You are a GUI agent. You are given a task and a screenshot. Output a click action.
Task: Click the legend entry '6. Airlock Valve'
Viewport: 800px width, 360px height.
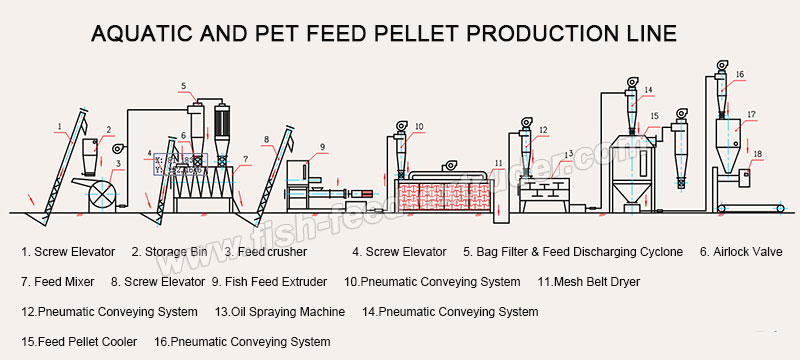pyautogui.click(x=741, y=252)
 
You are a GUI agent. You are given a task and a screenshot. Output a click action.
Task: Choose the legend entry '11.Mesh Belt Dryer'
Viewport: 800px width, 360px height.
pyautogui.click(x=589, y=282)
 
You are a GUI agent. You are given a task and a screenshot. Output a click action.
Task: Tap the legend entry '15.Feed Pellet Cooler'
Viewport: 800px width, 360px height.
pyautogui.click(x=77, y=342)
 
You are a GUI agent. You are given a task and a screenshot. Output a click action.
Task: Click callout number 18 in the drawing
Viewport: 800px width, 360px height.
pyautogui.click(x=758, y=154)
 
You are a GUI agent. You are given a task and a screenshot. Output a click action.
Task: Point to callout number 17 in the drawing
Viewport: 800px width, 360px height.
pyautogui.click(x=751, y=115)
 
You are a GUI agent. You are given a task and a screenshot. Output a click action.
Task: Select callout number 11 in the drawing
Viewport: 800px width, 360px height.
pyautogui.click(x=498, y=162)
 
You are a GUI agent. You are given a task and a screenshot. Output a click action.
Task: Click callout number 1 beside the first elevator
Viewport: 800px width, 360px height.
pyautogui.click(x=60, y=126)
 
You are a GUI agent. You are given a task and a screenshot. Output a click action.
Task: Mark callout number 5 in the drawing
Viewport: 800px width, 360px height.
pyautogui.click(x=184, y=85)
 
